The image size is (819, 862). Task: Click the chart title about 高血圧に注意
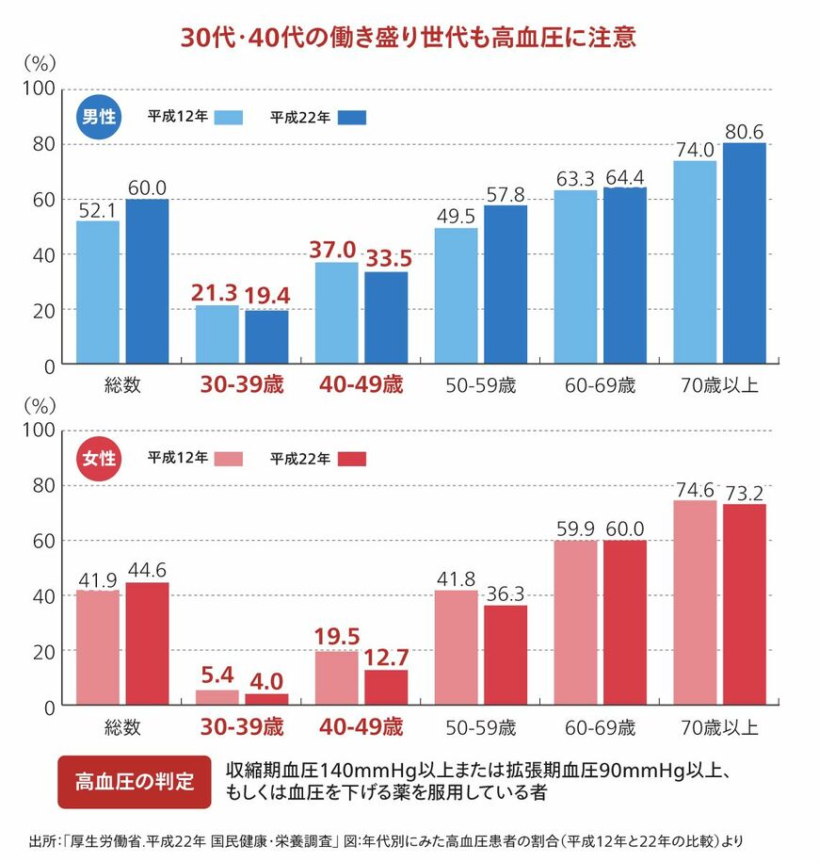[x=409, y=38]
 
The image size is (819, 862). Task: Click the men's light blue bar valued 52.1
[x=98, y=292]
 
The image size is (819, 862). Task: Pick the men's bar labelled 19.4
[x=266, y=337]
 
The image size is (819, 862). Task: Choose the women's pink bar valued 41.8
[x=456, y=647]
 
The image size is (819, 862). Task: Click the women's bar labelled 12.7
[x=386, y=687]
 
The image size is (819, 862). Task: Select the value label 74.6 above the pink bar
[x=694, y=489]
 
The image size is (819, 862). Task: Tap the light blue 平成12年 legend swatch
[x=229, y=118]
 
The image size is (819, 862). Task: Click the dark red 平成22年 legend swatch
[x=350, y=459]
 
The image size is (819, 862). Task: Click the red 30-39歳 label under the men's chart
[x=240, y=385]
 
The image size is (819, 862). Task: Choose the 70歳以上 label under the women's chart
[x=718, y=727]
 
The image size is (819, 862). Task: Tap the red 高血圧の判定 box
[x=134, y=781]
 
